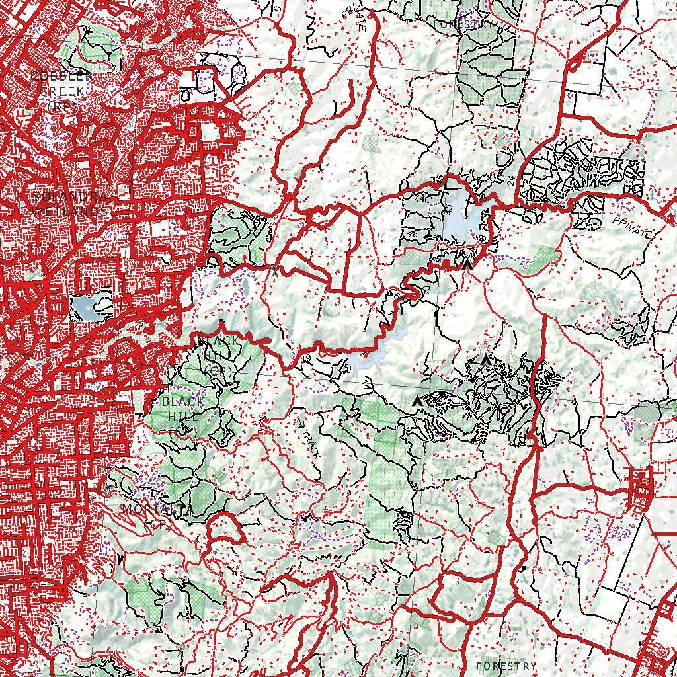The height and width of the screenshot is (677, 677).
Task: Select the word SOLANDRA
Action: tap(69, 196)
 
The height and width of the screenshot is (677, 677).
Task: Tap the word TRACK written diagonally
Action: tap(309, 443)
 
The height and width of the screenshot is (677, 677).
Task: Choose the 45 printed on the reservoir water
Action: tap(451, 208)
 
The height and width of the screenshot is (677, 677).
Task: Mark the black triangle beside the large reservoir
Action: tap(467, 264)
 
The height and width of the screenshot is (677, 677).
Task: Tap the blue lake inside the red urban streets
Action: tap(86, 306)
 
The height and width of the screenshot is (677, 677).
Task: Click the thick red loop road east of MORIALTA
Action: tap(225, 529)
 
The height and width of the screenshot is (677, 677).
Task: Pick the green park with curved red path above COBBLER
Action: tap(99, 40)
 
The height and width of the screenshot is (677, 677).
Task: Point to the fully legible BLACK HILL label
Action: tap(182, 409)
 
